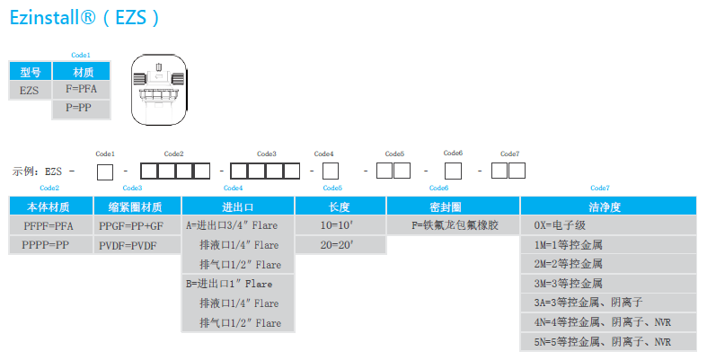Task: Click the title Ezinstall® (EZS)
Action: pyautogui.click(x=86, y=18)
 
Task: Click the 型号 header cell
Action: pyautogui.click(x=31, y=72)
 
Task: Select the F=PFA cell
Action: pyautogui.click(x=81, y=90)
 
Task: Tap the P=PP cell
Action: pyautogui.click(x=81, y=108)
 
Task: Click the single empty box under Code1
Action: pyautogui.click(x=105, y=170)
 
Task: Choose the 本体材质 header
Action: pyautogui.click(x=50, y=206)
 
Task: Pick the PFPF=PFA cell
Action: pyautogui.click(x=49, y=225)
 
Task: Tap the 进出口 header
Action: pyautogui.click(x=238, y=206)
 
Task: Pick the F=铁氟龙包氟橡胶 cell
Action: pyautogui.click(x=454, y=225)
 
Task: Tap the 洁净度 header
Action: pyautogui.click(x=608, y=206)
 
